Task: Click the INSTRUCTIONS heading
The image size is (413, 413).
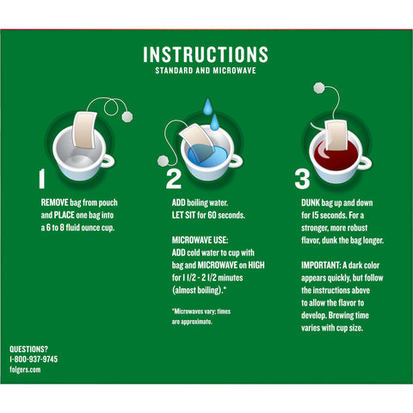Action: click(x=206, y=54)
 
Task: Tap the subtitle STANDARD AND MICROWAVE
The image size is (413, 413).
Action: click(x=206, y=71)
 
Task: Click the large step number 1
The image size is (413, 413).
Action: click(x=42, y=179)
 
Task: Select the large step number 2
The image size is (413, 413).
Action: click(x=174, y=179)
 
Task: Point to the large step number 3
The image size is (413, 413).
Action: click(x=302, y=179)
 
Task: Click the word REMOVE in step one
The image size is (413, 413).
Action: click(x=54, y=203)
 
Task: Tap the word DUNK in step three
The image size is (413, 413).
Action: click(x=311, y=203)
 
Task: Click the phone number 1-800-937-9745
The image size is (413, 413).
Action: click(x=34, y=359)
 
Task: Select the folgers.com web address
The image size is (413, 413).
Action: click(x=25, y=369)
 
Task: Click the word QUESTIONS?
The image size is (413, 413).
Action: click(x=28, y=349)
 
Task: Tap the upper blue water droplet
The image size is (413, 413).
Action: click(x=207, y=107)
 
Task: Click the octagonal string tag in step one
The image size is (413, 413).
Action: click(x=127, y=117)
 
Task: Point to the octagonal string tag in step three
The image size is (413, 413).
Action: click(x=319, y=88)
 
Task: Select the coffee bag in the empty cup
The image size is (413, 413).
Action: click(x=84, y=130)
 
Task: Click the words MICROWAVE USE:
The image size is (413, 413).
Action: click(x=200, y=240)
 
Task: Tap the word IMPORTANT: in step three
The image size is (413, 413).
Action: click(x=321, y=265)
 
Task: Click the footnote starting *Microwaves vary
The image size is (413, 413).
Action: click(x=201, y=317)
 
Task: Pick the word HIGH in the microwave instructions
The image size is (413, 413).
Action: click(x=256, y=265)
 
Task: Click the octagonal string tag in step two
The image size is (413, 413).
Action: click(x=163, y=161)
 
